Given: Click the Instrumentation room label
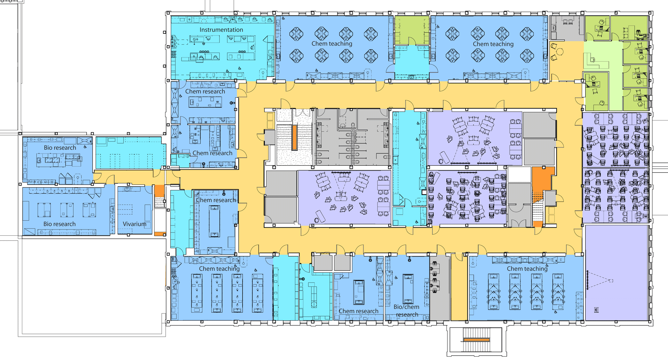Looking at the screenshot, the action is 221,30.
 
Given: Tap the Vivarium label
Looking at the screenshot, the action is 134,224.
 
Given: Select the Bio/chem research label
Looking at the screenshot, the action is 407,311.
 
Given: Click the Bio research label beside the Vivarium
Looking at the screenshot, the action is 59,224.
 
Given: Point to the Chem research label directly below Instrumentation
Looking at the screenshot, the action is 205,91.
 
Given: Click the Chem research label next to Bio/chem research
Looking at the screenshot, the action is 358,311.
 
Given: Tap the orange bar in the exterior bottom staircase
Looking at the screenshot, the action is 476,339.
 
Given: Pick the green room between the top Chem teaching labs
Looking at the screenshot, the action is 412,30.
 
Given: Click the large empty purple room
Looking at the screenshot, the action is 617,273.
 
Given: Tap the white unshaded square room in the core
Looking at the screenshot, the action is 519,174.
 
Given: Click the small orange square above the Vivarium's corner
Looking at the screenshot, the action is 159,191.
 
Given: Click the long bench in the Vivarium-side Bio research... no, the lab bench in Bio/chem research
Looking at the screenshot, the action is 408,289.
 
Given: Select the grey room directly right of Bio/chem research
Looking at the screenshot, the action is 440,288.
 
